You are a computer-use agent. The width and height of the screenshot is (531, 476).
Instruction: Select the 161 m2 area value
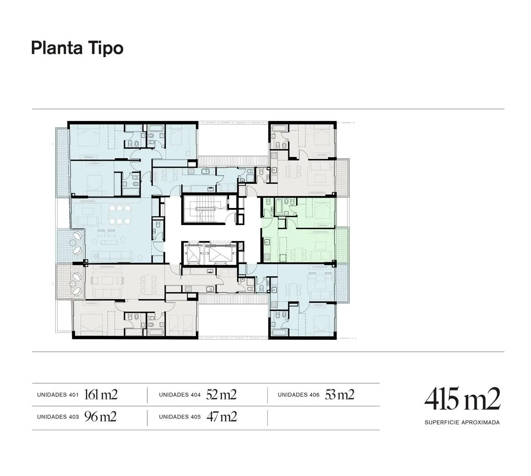(101, 394)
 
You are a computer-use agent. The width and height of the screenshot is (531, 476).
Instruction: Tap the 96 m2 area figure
(100, 417)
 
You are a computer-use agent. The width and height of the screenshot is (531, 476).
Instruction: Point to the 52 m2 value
(221, 394)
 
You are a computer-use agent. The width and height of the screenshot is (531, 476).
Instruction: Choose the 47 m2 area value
(222, 417)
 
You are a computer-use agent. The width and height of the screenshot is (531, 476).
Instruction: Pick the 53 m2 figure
(339, 394)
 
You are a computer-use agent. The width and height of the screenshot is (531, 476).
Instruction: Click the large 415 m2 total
(462, 399)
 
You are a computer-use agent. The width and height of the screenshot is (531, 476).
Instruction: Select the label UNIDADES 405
(180, 417)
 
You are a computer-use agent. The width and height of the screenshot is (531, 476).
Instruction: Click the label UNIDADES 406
(299, 395)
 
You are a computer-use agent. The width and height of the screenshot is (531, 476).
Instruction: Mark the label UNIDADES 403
(58, 417)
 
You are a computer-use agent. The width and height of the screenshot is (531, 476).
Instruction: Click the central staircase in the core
(205, 210)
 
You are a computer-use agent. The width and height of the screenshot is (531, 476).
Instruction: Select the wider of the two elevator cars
(219, 253)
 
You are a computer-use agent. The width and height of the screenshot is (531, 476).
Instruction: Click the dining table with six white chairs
(119, 215)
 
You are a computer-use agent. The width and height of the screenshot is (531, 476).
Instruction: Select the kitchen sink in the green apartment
(267, 242)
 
